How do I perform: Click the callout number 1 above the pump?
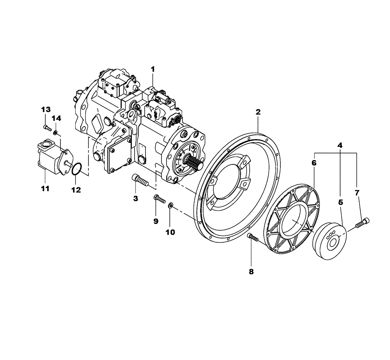point(153,69)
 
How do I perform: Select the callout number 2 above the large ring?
point(258,112)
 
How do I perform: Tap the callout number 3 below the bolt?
point(136,199)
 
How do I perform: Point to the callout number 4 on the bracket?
point(340,145)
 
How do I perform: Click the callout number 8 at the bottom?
point(251,272)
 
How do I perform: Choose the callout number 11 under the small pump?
point(45,189)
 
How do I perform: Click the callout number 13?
point(46,108)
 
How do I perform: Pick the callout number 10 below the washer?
point(170,232)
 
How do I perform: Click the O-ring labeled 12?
point(77,169)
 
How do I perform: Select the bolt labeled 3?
point(140,180)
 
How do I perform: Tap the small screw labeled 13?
point(47,127)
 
